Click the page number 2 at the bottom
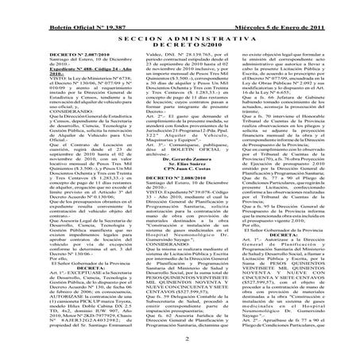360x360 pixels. tap(180, 339)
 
